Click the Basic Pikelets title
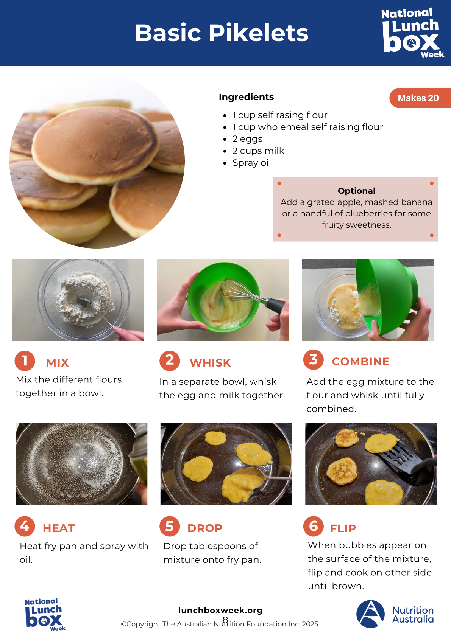tap(222, 33)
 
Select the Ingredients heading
tap(246, 97)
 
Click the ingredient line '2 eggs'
tap(247, 139)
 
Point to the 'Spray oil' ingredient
tap(251, 163)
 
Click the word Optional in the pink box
tap(356, 191)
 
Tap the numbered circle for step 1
tap(25, 360)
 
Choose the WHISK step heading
tap(210, 363)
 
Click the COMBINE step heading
tap(360, 362)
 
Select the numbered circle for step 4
tap(25, 526)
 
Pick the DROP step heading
tap(205, 528)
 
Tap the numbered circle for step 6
tap(314, 526)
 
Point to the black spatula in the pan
tap(404, 458)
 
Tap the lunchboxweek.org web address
tap(220, 610)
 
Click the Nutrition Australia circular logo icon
tap(370, 614)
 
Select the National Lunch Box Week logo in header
tap(412, 33)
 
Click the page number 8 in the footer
tap(225, 619)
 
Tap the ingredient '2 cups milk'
tap(258, 151)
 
